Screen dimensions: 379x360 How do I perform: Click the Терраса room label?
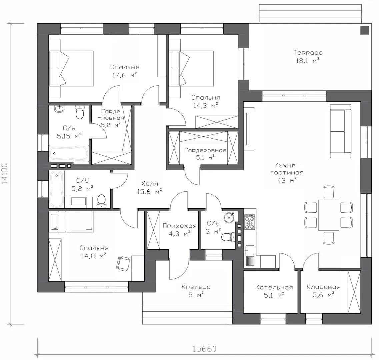coord(308,52)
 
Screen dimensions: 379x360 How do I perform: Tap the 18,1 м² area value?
coord(308,60)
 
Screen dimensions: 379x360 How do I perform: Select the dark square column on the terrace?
coord(364,30)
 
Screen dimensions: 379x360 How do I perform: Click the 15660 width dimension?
coord(204,349)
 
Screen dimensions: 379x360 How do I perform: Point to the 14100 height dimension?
coord(5,174)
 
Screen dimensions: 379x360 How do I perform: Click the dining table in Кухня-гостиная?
coord(328,215)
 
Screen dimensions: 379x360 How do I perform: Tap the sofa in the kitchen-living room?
coord(341,131)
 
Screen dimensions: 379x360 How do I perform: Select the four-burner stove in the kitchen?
coord(250,222)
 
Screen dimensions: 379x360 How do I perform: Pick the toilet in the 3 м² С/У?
coord(228,237)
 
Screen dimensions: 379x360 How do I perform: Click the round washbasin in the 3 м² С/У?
coord(228,217)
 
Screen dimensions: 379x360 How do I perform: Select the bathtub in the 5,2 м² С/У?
coord(56,189)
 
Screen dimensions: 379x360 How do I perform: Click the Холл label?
coord(149,184)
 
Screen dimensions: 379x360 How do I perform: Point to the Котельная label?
coord(274,287)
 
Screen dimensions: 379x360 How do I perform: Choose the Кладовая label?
coord(323,287)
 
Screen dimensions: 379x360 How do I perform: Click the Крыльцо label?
coord(196,287)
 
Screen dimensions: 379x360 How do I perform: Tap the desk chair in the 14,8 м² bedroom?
coord(123,264)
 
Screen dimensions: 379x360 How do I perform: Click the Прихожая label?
coord(180,226)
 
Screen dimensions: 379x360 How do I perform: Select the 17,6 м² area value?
coord(125,75)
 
